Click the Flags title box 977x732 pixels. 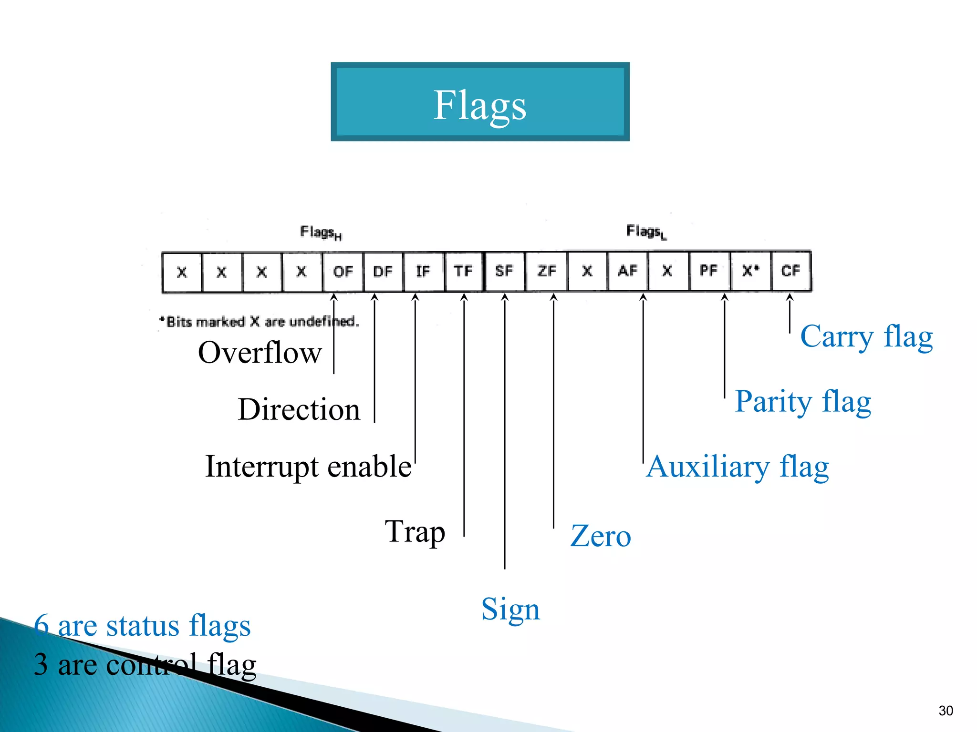click(480, 102)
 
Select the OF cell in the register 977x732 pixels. click(343, 272)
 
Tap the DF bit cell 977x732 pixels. click(383, 272)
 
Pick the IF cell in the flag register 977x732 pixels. click(423, 272)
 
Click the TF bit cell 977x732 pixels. click(464, 272)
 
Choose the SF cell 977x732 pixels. click(504, 272)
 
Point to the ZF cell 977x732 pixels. click(546, 272)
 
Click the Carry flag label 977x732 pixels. click(866, 336)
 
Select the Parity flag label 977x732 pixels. click(803, 401)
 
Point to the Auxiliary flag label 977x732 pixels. click(738, 467)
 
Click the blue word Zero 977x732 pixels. click(601, 536)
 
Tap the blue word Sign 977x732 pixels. click(510, 609)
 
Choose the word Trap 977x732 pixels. click(415, 531)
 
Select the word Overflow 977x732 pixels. click(260, 353)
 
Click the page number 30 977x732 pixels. click(946, 711)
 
